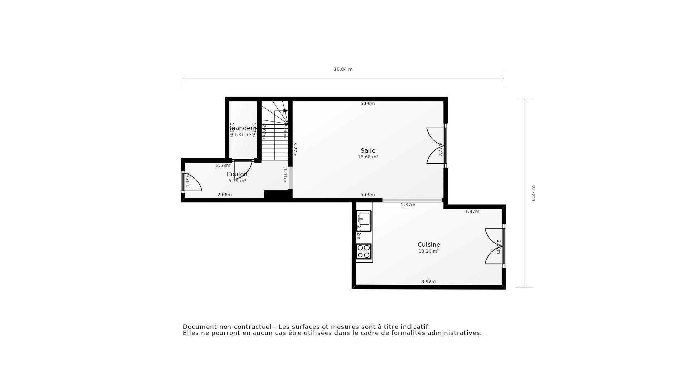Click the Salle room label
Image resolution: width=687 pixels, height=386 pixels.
tap(368, 150)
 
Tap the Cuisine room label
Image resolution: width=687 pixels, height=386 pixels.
tap(429, 244)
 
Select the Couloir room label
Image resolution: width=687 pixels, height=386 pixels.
tap(237, 174)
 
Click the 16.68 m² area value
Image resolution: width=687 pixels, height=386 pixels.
tap(368, 157)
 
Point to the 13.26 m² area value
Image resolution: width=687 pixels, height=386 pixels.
tap(429, 251)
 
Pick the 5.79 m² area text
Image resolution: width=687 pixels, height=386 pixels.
tap(237, 181)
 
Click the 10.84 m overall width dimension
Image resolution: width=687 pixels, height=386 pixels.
tap(343, 69)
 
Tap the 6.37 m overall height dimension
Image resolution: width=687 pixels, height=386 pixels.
tap(533, 193)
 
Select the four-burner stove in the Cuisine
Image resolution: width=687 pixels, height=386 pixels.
tap(364, 251)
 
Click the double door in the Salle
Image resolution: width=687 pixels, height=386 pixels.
tap(436, 146)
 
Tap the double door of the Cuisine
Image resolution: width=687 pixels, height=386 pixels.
tap(494, 246)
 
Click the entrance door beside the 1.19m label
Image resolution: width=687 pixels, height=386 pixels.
tap(193, 183)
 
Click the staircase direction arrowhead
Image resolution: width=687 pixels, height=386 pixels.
tap(285, 111)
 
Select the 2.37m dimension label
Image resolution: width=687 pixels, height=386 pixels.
tap(408, 205)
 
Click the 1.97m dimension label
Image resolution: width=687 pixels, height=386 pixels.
tap(472, 212)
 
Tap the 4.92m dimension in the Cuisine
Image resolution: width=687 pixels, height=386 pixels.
tap(428, 282)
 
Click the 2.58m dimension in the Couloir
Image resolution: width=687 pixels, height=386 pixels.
tap(223, 165)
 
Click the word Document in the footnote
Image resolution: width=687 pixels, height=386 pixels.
tap(200, 327)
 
